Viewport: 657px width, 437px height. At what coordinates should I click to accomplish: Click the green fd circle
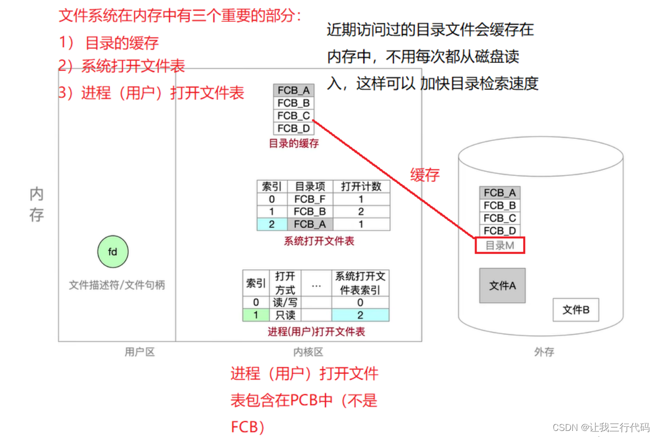point(113,251)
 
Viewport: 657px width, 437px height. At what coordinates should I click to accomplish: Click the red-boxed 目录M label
point(499,246)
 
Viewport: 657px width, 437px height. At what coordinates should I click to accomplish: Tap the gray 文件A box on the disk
point(502,285)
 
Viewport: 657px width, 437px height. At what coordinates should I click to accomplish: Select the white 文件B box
point(575,309)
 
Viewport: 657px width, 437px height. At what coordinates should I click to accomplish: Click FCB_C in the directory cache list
point(294,116)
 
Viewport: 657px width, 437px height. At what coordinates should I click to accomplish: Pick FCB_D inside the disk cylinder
point(499,231)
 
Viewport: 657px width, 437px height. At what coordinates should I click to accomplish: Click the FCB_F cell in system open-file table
point(309,199)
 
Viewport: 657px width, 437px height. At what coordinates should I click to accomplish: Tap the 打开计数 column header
point(361,187)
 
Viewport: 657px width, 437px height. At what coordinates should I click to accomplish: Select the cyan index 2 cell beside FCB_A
point(272,224)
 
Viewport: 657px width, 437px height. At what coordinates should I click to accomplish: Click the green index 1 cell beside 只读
point(255,315)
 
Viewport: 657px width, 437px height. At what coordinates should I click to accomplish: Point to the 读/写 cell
point(285,303)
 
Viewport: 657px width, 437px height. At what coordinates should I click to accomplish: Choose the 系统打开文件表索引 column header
point(360,283)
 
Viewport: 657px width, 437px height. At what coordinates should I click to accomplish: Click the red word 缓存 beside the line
point(425,175)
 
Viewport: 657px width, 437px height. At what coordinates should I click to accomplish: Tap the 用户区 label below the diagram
point(139,352)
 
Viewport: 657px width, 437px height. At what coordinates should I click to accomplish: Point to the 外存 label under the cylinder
point(544,352)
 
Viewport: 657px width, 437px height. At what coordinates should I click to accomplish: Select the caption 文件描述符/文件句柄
point(117,285)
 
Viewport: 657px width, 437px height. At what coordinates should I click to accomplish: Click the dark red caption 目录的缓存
point(294,143)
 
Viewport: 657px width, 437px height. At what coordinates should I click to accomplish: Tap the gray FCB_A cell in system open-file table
point(309,224)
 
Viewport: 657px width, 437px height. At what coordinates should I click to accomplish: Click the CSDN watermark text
point(601,427)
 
